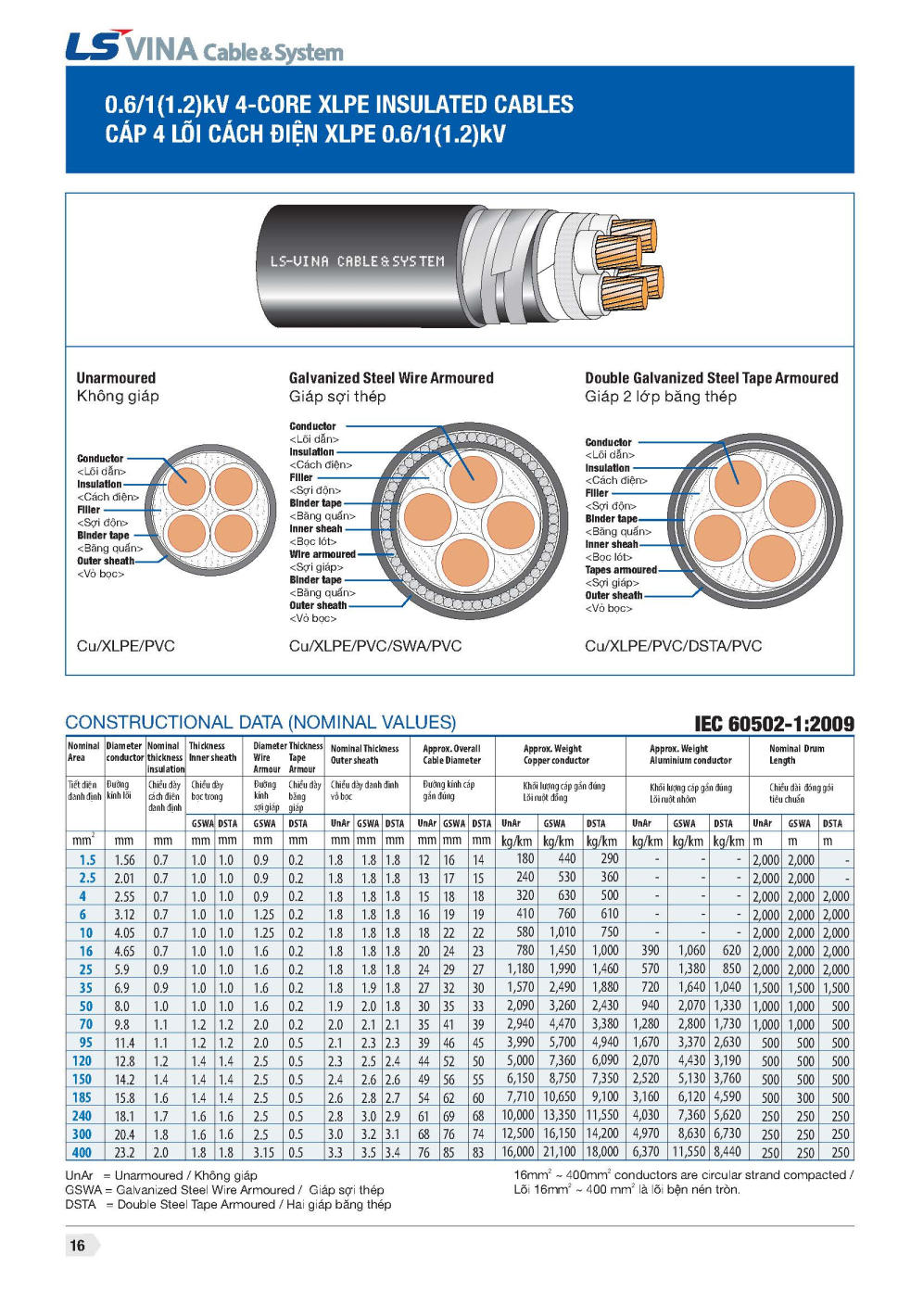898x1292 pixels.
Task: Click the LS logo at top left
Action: (x=92, y=46)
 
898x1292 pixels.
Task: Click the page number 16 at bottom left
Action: (x=78, y=1245)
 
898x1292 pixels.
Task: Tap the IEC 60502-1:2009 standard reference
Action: (x=774, y=724)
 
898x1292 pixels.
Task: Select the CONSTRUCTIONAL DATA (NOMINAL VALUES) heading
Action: (x=260, y=722)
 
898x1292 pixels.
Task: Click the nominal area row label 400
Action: (x=82, y=1152)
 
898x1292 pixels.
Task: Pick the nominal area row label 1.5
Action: (x=87, y=859)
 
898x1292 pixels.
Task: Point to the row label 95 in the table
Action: (x=85, y=1043)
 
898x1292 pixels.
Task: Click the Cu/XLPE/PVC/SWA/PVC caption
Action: (x=374, y=646)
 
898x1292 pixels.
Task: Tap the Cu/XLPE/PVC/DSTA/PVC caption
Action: (x=673, y=646)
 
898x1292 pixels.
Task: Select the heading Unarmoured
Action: (x=116, y=378)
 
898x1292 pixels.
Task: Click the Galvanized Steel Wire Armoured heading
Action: (x=391, y=378)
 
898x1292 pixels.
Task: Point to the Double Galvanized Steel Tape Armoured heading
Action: (x=711, y=378)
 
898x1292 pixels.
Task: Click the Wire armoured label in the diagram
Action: (x=322, y=554)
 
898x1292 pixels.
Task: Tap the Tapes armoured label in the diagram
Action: (x=620, y=570)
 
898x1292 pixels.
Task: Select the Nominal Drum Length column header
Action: (x=796, y=754)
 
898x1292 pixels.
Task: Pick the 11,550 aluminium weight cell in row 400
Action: (x=689, y=1152)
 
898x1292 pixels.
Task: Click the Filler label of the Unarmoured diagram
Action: (x=89, y=510)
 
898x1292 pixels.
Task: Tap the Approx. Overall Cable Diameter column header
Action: (x=452, y=754)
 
